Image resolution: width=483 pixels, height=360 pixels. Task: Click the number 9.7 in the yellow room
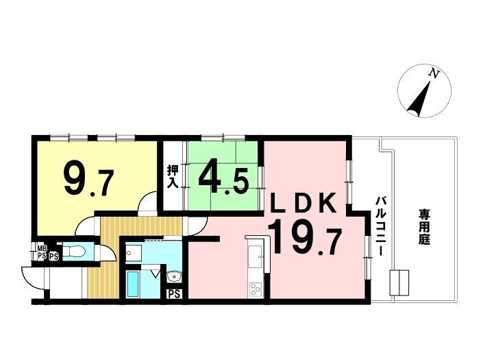(x=89, y=180)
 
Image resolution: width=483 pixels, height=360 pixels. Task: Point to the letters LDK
(x=303, y=203)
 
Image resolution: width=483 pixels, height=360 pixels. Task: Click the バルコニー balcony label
(x=380, y=226)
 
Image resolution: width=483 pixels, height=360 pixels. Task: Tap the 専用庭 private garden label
(x=424, y=227)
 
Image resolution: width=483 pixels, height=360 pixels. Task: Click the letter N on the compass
(x=434, y=73)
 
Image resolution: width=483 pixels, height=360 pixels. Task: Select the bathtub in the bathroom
(x=133, y=284)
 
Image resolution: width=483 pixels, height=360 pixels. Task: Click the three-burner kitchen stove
(x=256, y=289)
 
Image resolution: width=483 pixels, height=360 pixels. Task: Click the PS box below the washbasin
(x=174, y=294)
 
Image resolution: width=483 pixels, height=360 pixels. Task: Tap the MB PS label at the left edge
(x=42, y=252)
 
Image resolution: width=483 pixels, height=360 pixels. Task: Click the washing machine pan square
(x=134, y=253)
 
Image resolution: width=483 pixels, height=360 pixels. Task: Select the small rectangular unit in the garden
(x=399, y=283)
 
